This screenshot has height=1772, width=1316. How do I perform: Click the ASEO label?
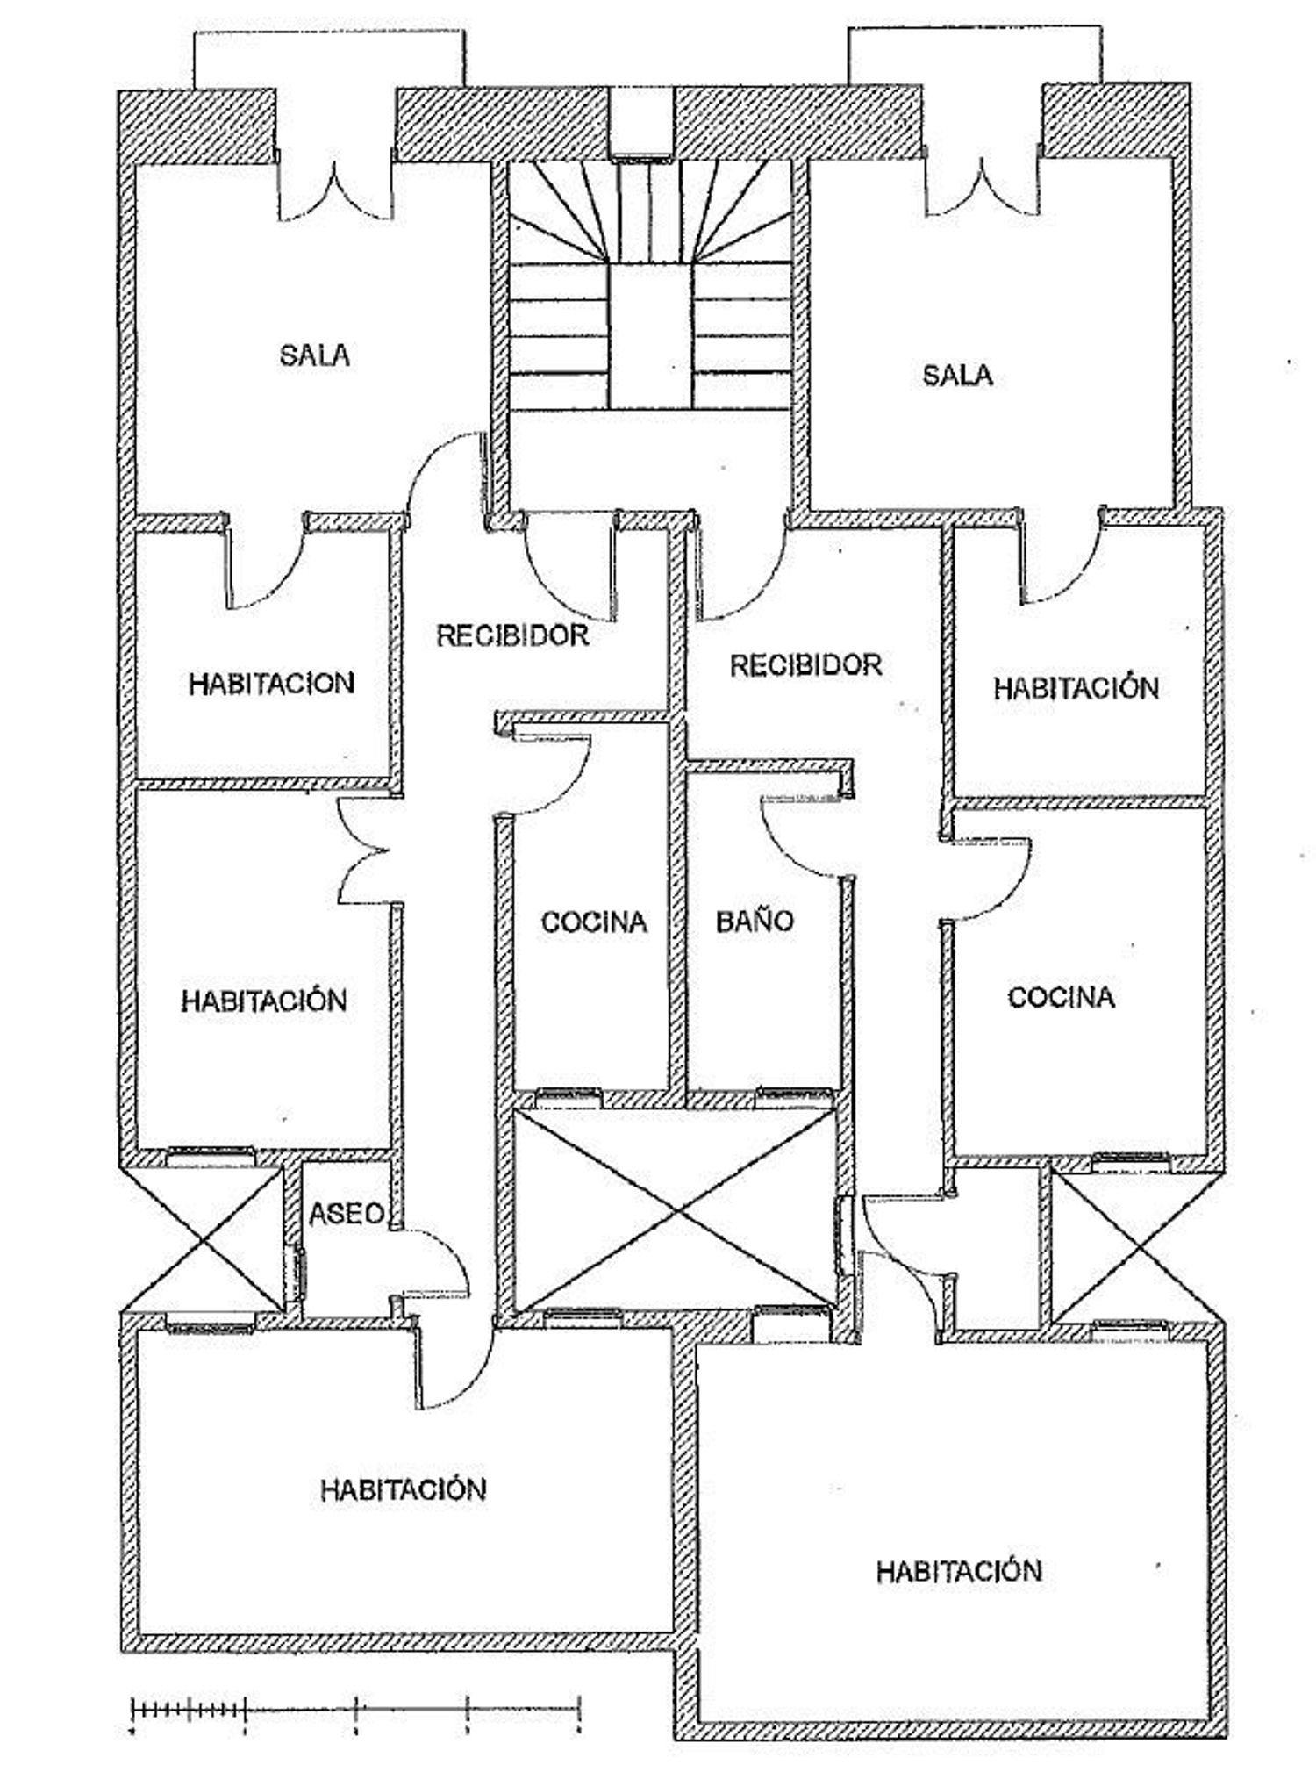click(347, 1213)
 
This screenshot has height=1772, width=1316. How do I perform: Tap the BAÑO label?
click(755, 921)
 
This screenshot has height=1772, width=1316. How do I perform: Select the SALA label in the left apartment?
click(315, 355)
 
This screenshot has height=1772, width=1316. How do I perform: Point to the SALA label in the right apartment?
click(957, 376)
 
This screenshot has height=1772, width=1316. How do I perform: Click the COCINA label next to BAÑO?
click(594, 922)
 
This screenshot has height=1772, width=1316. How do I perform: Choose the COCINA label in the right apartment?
click(1061, 997)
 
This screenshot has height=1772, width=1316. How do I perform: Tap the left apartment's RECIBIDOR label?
click(512, 635)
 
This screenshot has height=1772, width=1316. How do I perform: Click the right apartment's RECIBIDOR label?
click(805, 664)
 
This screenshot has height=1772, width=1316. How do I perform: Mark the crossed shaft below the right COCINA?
click(1132, 1246)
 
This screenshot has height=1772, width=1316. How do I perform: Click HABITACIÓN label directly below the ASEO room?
click(403, 1489)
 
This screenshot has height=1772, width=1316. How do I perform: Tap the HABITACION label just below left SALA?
click(271, 684)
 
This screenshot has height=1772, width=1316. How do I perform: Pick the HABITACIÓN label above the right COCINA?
click(1076, 687)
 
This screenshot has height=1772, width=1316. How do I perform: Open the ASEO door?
click(433, 1264)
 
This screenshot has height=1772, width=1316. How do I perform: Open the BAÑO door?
click(807, 834)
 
